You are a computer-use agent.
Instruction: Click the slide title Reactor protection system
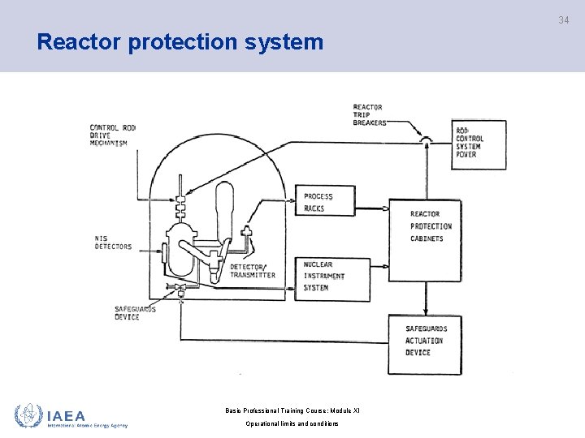[x=180, y=42]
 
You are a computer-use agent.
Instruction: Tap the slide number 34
[x=563, y=19]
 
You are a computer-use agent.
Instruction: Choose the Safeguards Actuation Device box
[x=424, y=341]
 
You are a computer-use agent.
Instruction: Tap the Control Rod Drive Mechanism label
[x=113, y=135]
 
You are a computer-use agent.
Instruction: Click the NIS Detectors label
[x=113, y=242]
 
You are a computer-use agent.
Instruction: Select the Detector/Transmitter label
[x=252, y=271]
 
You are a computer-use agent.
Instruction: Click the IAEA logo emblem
[x=28, y=415]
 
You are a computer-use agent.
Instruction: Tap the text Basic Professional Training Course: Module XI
[x=292, y=410]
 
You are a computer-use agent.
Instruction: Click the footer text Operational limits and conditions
[x=292, y=424]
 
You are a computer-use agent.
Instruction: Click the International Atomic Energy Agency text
[x=87, y=425]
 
